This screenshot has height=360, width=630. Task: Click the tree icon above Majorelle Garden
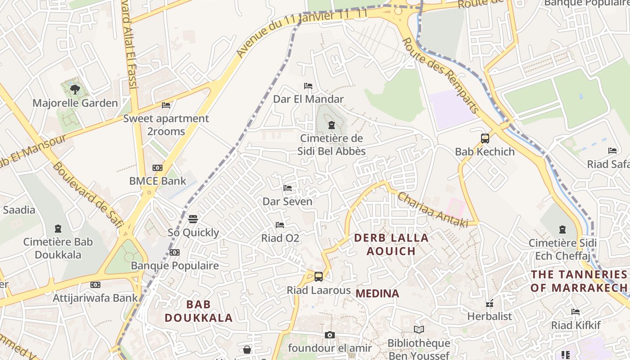[x=75, y=90]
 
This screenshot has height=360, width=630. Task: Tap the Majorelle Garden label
[x=75, y=103]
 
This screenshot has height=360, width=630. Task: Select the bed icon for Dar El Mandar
[x=308, y=86]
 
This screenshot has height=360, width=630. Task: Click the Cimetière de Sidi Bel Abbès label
[x=332, y=144]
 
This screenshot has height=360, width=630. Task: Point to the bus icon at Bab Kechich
[x=485, y=139]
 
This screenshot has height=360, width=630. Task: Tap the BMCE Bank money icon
[x=157, y=168]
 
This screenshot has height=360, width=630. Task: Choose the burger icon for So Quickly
[x=193, y=219]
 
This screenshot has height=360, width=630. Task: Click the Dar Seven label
[x=288, y=202]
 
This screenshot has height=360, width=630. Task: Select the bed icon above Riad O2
[x=280, y=225]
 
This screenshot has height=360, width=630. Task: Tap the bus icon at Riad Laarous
[x=319, y=277]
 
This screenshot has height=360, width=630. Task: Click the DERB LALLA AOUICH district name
[x=391, y=244]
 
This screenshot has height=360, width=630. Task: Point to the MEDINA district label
[x=377, y=294]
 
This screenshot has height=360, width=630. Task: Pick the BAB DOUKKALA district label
[x=198, y=311]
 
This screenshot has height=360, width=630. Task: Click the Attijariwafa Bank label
[x=95, y=298]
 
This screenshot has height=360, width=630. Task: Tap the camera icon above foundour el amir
[x=330, y=335]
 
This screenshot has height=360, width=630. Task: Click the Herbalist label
[x=490, y=316]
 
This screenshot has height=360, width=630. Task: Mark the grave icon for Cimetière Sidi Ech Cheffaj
[x=562, y=229]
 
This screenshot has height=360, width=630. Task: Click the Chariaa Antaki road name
[x=432, y=210]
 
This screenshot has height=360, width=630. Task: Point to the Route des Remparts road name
[x=440, y=76]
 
